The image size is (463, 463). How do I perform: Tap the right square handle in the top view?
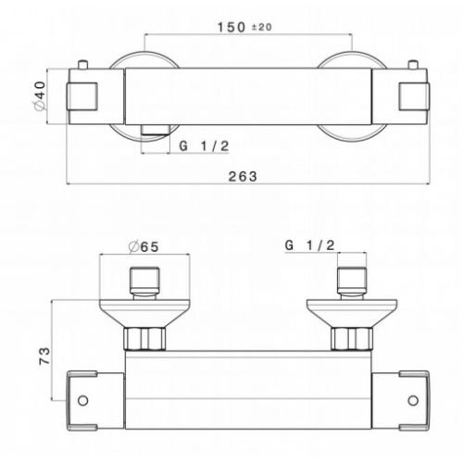[410, 96]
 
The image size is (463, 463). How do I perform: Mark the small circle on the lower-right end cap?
[415, 402]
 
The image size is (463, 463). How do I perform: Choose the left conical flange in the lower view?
[144, 311]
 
